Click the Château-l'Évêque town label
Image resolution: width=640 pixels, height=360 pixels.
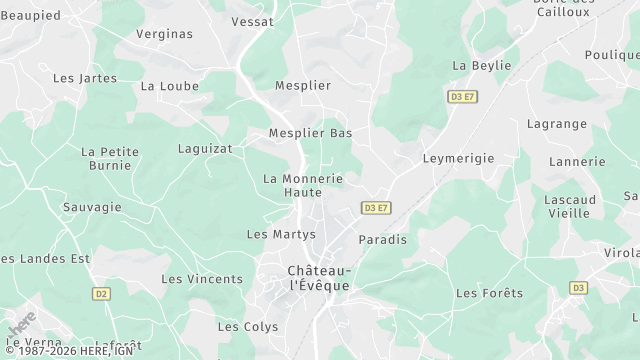click(319, 278)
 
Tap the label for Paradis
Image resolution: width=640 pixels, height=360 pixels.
click(383, 240)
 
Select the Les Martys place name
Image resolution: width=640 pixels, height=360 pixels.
click(281, 234)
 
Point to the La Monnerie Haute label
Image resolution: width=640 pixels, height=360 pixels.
click(303, 185)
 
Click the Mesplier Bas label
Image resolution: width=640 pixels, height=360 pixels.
click(311, 133)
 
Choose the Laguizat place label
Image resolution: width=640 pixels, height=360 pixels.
click(205, 148)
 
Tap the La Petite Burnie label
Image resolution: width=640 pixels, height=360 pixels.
click(110, 158)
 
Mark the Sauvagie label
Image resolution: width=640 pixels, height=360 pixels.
click(92, 207)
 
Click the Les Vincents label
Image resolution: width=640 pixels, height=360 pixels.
click(202, 279)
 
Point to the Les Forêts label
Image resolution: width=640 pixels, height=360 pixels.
click(489, 293)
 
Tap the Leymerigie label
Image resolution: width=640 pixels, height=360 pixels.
click(459, 158)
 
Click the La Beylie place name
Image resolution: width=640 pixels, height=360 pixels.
click(482, 65)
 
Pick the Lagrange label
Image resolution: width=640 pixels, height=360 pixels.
click(557, 124)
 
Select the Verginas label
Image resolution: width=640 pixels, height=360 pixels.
click(164, 34)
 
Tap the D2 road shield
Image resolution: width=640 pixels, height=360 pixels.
click(100, 294)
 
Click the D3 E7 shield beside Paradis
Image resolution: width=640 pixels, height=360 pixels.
click(376, 208)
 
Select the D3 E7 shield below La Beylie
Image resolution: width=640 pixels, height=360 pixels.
click(463, 97)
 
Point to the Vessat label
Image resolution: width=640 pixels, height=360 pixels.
click(253, 21)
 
